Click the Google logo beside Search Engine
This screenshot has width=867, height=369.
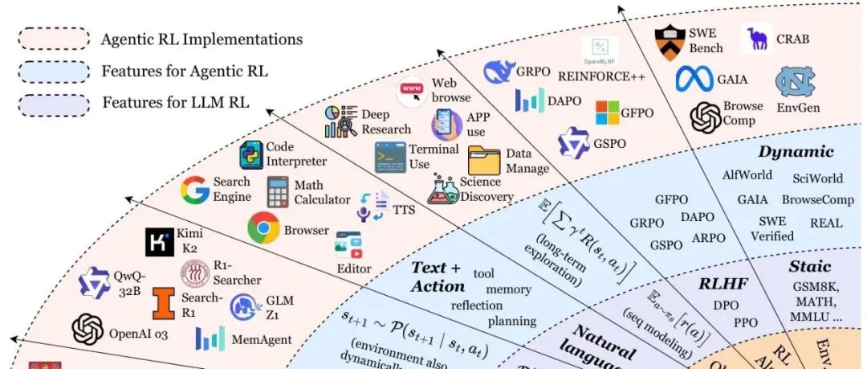[x=194, y=190]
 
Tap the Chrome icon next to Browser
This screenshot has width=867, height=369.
[x=263, y=228]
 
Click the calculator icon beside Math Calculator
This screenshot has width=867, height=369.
[x=278, y=192]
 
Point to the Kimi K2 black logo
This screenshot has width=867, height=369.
[x=160, y=242]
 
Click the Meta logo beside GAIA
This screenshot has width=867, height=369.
[x=694, y=78]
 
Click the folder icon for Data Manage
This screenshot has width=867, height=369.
[x=484, y=161]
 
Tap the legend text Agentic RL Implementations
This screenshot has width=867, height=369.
[x=201, y=39]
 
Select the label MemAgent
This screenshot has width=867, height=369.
[x=261, y=339]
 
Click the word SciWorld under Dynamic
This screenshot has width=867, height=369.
[x=817, y=178]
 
